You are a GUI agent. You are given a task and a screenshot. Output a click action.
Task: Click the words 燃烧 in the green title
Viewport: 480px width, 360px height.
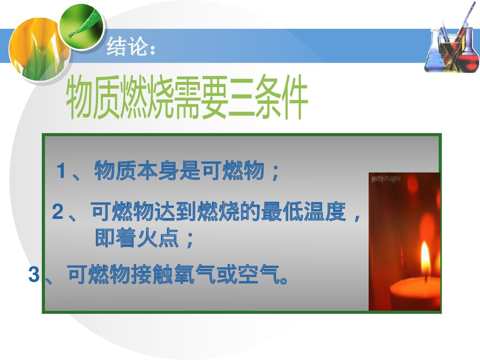(152, 101)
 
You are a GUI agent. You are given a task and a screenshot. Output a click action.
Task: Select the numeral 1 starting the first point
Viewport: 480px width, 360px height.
(61, 171)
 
